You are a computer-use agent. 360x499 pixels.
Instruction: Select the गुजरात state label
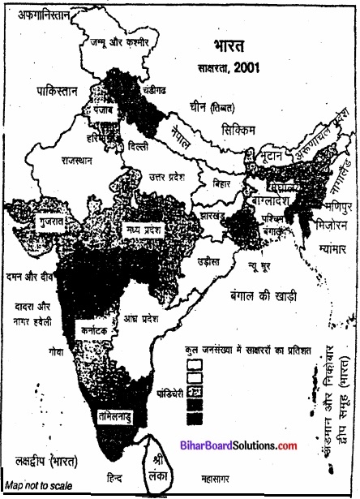[x=37, y=220]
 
